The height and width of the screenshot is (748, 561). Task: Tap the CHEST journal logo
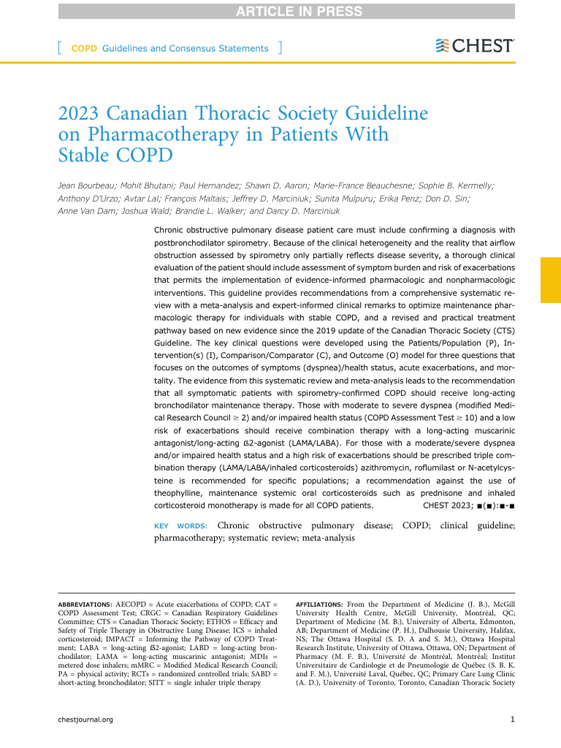pos(474,46)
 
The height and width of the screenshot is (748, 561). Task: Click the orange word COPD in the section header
pos(84,49)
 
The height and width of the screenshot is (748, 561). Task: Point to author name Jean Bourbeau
pos(85,186)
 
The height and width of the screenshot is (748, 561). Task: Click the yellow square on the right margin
pos(550,279)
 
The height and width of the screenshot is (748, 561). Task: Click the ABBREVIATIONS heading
pos(85,606)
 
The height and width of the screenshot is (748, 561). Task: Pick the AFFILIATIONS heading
pos(319,606)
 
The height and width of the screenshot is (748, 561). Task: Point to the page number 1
pos(514,740)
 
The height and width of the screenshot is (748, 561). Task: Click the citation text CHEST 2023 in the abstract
pos(446,505)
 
